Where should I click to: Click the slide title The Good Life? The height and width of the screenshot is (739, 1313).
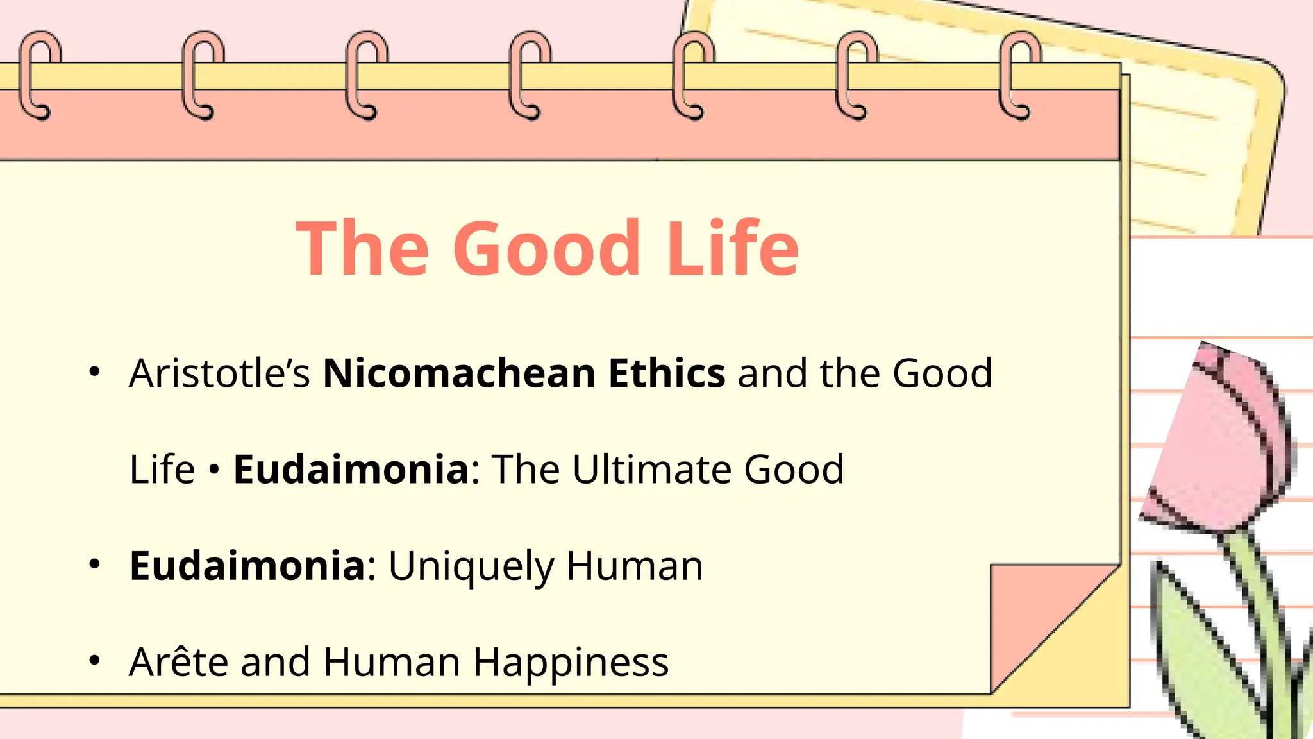547,248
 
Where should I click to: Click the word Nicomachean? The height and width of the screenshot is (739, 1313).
459,373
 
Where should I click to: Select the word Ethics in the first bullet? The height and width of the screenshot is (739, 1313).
667,373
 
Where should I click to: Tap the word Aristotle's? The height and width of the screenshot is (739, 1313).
219,373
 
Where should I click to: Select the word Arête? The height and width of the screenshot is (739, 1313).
178,662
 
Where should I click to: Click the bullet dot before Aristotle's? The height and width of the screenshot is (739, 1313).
95,371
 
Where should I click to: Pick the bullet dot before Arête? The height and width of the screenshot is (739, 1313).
95,660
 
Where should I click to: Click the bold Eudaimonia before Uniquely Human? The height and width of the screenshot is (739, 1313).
247,566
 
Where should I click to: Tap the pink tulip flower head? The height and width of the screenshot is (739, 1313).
1218,443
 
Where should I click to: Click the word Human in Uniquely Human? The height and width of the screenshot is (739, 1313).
634,566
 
